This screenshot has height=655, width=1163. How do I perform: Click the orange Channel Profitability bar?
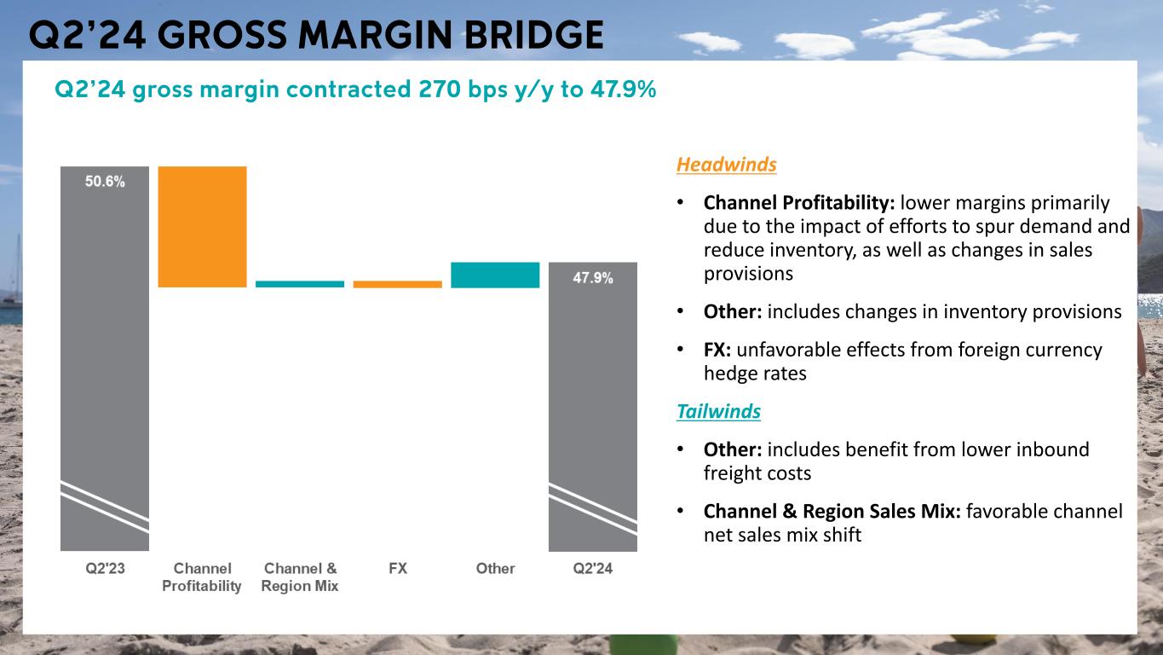[202, 226]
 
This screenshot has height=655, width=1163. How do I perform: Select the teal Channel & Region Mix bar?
[300, 284]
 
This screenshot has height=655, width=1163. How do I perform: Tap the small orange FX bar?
[397, 284]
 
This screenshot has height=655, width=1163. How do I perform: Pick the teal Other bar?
[495, 275]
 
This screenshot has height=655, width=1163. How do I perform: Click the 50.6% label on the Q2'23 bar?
[105, 182]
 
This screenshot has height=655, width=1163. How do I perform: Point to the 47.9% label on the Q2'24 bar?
[592, 278]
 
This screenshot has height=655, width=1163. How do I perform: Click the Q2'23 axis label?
[105, 569]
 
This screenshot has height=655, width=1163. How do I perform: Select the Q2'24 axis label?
[592, 569]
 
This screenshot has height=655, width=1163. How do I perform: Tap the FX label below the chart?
[397, 569]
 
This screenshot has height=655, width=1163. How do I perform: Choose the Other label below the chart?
[495, 569]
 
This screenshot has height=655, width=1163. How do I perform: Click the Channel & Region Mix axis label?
[300, 577]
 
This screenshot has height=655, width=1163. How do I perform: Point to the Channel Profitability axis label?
[202, 577]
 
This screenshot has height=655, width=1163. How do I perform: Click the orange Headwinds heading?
[726, 165]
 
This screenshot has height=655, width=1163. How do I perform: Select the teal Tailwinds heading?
[718, 412]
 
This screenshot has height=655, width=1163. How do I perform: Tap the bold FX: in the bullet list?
[717, 350]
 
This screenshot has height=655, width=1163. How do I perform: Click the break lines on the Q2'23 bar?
[105, 507]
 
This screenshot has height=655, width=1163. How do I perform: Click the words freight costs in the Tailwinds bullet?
[757, 472]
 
